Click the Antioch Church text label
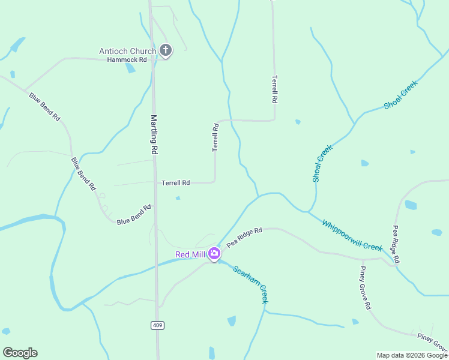pos(127,51)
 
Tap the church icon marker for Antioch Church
pos(165,50)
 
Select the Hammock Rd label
pos(127,60)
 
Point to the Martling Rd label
pos(154,136)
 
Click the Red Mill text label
pos(190,254)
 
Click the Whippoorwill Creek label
pos(352,235)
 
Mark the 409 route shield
pos(157,325)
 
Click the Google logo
pos(20,353)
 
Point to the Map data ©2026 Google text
pos(412,355)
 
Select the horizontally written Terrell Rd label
pos(176,182)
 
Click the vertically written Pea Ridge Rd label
pos(396,244)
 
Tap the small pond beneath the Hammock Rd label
pos(130,68)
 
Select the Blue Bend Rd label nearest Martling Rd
pos(134,214)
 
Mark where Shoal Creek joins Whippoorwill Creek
pos(309,211)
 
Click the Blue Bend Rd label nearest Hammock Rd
pos(44,107)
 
